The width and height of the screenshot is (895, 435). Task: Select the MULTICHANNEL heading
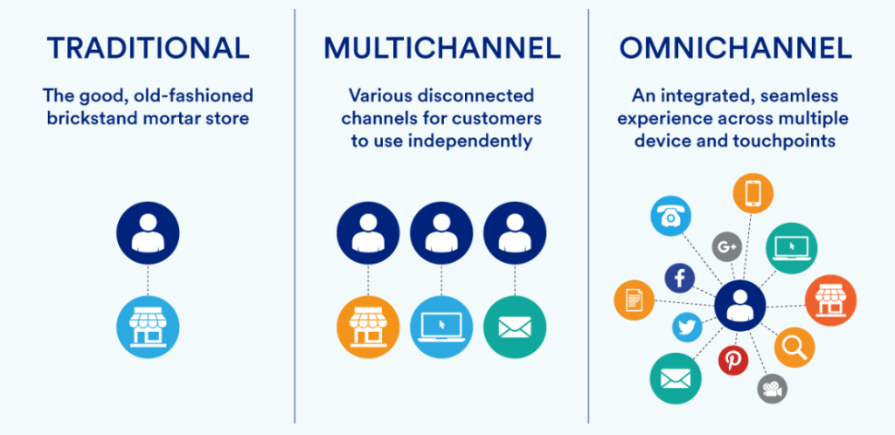[441, 48]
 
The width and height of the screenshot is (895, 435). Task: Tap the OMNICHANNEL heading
[735, 48]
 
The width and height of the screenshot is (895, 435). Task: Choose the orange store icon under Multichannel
[368, 328]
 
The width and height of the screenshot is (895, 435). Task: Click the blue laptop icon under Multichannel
[441, 328]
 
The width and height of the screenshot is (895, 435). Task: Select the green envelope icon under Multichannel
[515, 328]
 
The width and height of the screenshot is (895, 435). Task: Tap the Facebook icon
[680, 279]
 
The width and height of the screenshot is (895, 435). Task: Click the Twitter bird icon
[688, 327]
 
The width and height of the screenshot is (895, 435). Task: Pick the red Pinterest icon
[732, 359]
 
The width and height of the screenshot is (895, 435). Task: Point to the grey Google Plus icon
[726, 247]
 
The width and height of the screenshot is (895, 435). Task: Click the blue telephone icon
[671, 215]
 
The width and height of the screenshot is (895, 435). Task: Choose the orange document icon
[635, 301]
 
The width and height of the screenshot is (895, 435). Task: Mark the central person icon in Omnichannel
[739, 306]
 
